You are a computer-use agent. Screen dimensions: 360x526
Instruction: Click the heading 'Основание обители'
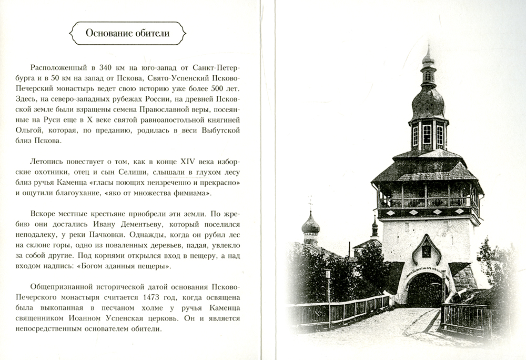click(x=128, y=34)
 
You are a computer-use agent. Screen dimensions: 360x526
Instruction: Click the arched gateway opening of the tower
click(x=425, y=292)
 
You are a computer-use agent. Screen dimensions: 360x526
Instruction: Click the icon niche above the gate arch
click(x=426, y=250)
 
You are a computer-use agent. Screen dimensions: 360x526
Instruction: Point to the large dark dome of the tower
click(x=428, y=103)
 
